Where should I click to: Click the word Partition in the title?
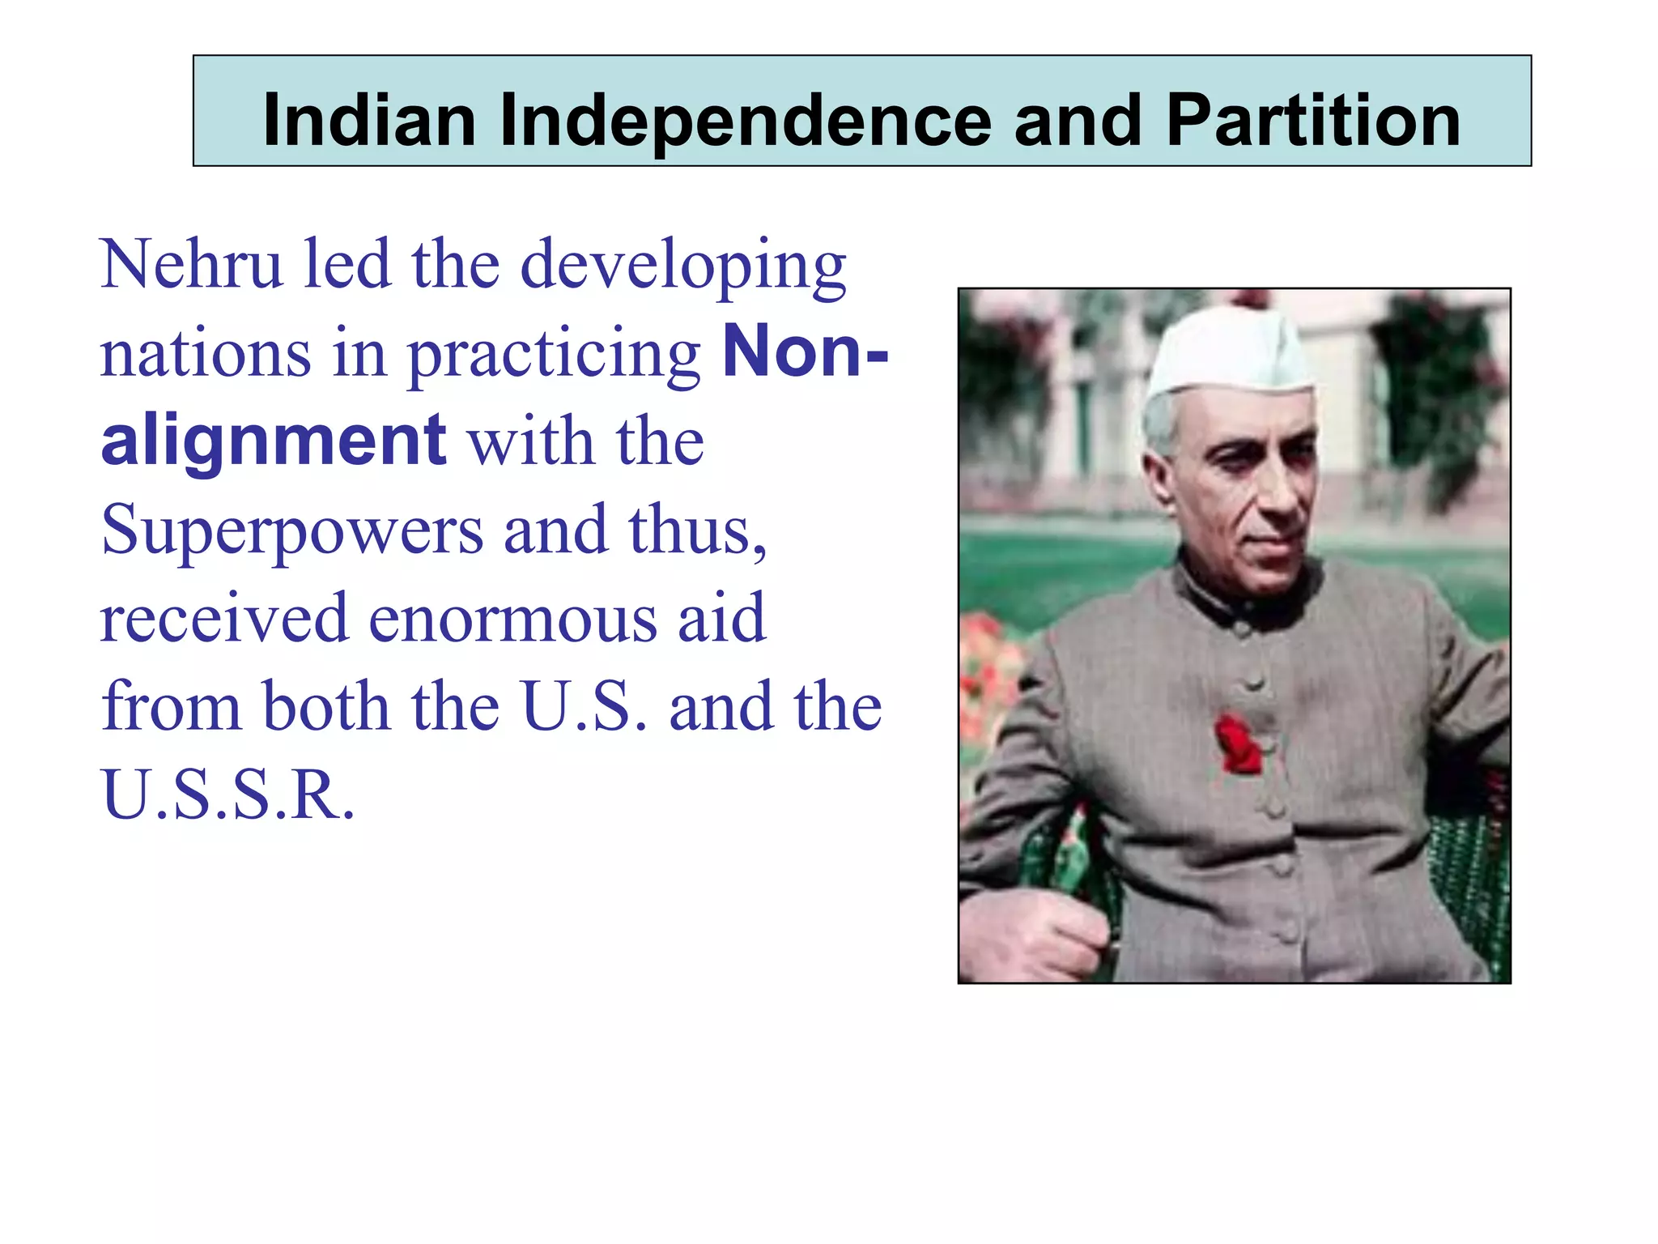click(1312, 121)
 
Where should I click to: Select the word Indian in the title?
click(369, 121)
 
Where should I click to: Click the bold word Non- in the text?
click(805, 352)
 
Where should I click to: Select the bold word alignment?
click(273, 441)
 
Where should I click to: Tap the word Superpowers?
click(291, 531)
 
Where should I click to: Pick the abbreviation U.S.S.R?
click(227, 795)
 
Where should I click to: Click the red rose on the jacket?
click(1237, 743)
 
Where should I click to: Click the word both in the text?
click(325, 706)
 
